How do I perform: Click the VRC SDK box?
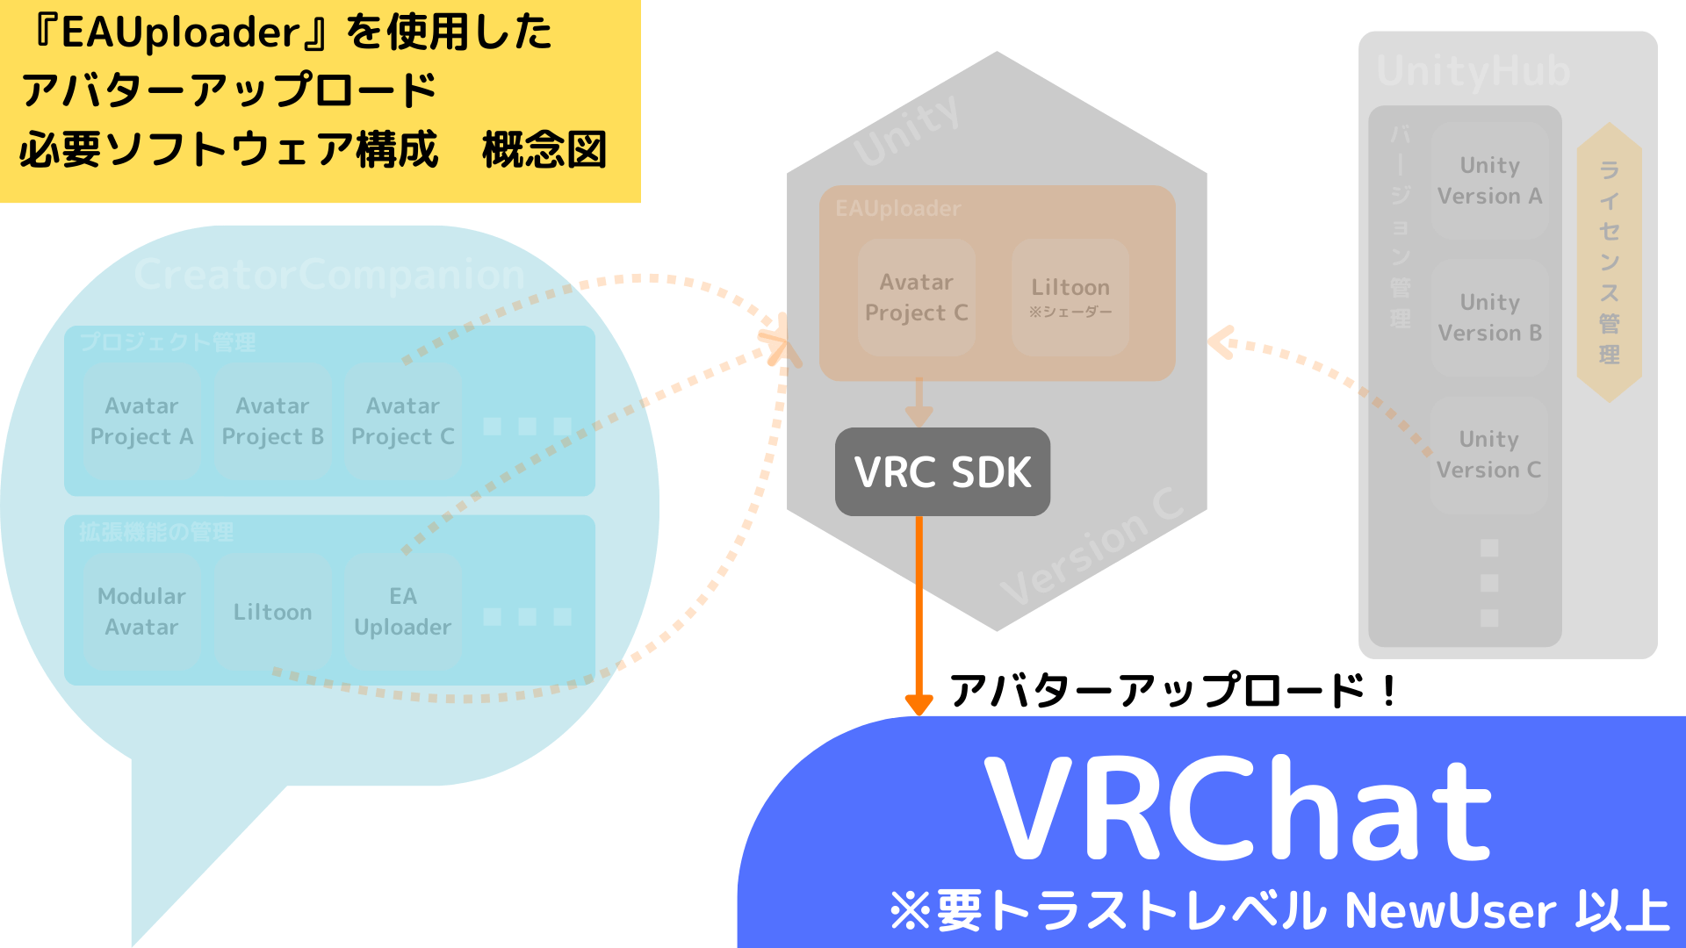[942, 471]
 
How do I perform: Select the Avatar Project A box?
[141, 421]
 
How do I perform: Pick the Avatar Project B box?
[272, 421]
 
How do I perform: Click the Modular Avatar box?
[141, 611]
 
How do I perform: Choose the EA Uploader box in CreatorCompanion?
[402, 611]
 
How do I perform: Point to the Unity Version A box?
[1489, 181]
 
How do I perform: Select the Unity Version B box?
[1489, 318]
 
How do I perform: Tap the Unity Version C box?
[1488, 455]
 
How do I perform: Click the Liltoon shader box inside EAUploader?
[1070, 297]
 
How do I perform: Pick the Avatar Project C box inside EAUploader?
[916, 297]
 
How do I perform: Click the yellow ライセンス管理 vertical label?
[1609, 262]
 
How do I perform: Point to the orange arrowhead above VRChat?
[919, 704]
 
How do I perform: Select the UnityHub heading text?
[1473, 70]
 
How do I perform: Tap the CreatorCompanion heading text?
[329, 275]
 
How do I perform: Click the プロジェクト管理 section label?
[167, 341]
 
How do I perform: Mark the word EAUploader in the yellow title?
[181, 32]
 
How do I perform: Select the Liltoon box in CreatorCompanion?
[272, 612]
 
